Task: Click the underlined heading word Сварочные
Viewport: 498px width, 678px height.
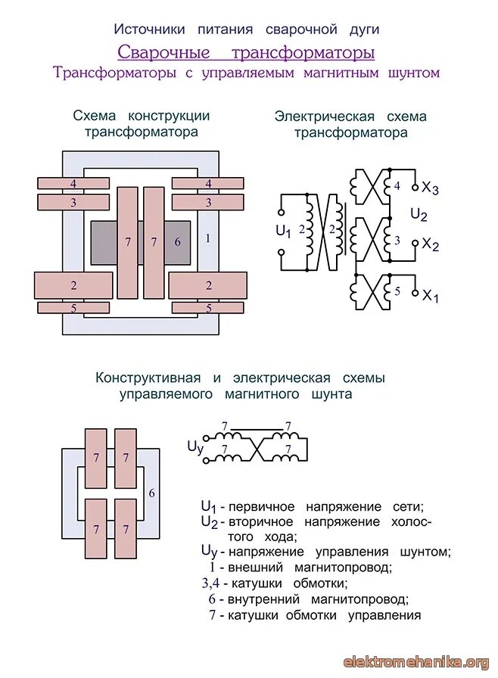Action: coord(163,53)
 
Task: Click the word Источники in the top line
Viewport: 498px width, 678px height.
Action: coord(149,30)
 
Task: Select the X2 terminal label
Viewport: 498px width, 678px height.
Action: coord(431,244)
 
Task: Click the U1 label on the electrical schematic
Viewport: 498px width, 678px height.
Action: coord(283,231)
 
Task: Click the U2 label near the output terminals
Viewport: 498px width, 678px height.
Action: coord(419,215)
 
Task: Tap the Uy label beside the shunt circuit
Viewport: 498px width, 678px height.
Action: coord(195,447)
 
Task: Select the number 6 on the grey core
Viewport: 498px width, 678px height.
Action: coord(178,242)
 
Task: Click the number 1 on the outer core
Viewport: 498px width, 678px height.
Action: coord(207,238)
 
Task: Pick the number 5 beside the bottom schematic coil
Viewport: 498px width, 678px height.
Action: coord(397,291)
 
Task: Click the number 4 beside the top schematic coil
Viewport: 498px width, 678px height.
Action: coord(397,186)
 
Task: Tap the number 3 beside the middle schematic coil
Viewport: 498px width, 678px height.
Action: coord(397,239)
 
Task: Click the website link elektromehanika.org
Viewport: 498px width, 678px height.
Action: coord(416,662)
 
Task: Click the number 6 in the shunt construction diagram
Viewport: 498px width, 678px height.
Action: coord(152,493)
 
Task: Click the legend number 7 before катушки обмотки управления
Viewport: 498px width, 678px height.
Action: coord(213,614)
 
